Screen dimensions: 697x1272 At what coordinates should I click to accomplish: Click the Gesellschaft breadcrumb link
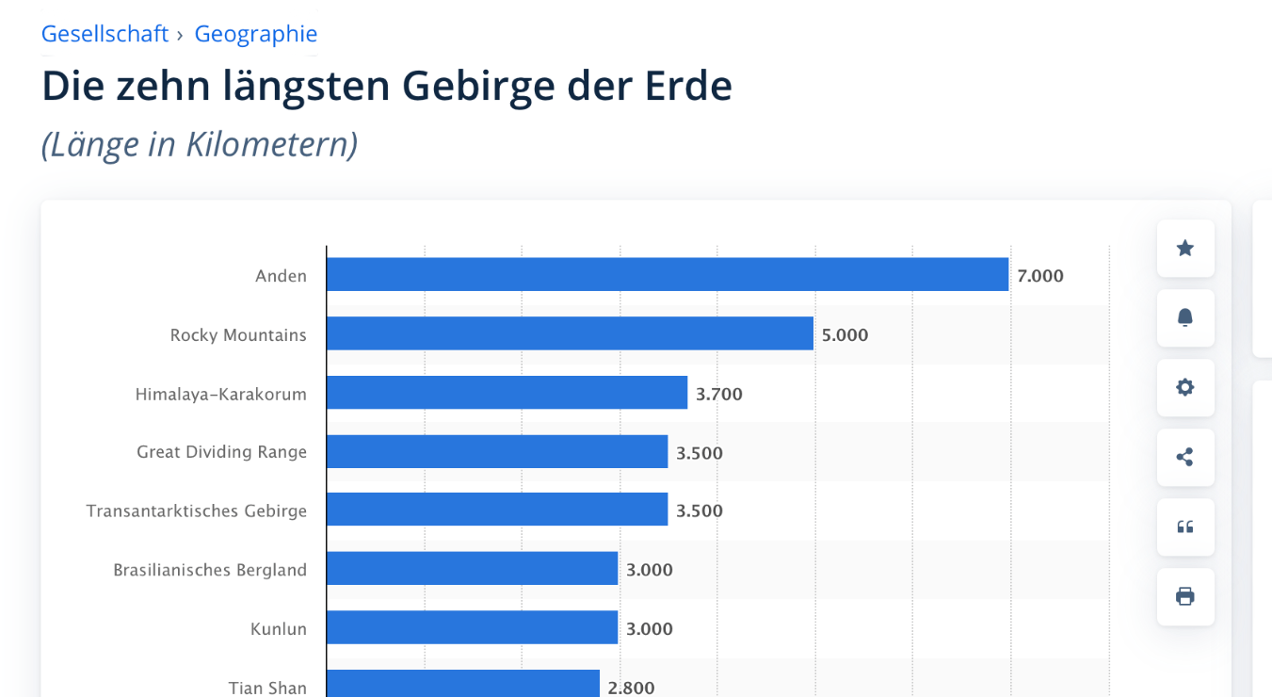click(x=105, y=34)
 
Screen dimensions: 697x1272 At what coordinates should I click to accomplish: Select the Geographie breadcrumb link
click(x=255, y=34)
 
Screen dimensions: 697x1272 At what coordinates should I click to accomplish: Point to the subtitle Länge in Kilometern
click(x=200, y=145)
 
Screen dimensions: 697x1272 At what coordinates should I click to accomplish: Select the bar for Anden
click(x=668, y=275)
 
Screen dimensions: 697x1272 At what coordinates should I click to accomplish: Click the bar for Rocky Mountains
click(x=570, y=333)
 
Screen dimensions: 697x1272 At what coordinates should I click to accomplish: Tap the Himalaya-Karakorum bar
click(x=507, y=393)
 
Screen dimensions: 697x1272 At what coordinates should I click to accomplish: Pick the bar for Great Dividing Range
click(x=497, y=452)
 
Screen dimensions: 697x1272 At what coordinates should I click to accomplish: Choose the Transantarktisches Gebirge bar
click(x=497, y=510)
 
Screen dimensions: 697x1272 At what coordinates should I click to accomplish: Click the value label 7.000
click(x=1040, y=276)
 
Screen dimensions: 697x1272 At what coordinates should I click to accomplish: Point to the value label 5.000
click(x=845, y=334)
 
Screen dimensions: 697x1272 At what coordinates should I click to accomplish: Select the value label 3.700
click(x=719, y=394)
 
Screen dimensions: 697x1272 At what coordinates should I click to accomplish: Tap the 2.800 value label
click(x=631, y=688)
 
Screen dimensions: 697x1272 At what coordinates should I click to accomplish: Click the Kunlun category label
click(x=279, y=628)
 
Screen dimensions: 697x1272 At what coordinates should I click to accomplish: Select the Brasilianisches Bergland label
click(x=210, y=570)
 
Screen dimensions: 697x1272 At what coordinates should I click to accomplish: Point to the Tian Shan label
click(x=267, y=688)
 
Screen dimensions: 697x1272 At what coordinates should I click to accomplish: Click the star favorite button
click(x=1185, y=249)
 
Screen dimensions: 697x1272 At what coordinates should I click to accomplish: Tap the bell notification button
click(x=1185, y=318)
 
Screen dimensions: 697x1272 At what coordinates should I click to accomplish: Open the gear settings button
click(x=1185, y=387)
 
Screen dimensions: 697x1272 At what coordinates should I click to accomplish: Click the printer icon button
click(x=1185, y=596)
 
